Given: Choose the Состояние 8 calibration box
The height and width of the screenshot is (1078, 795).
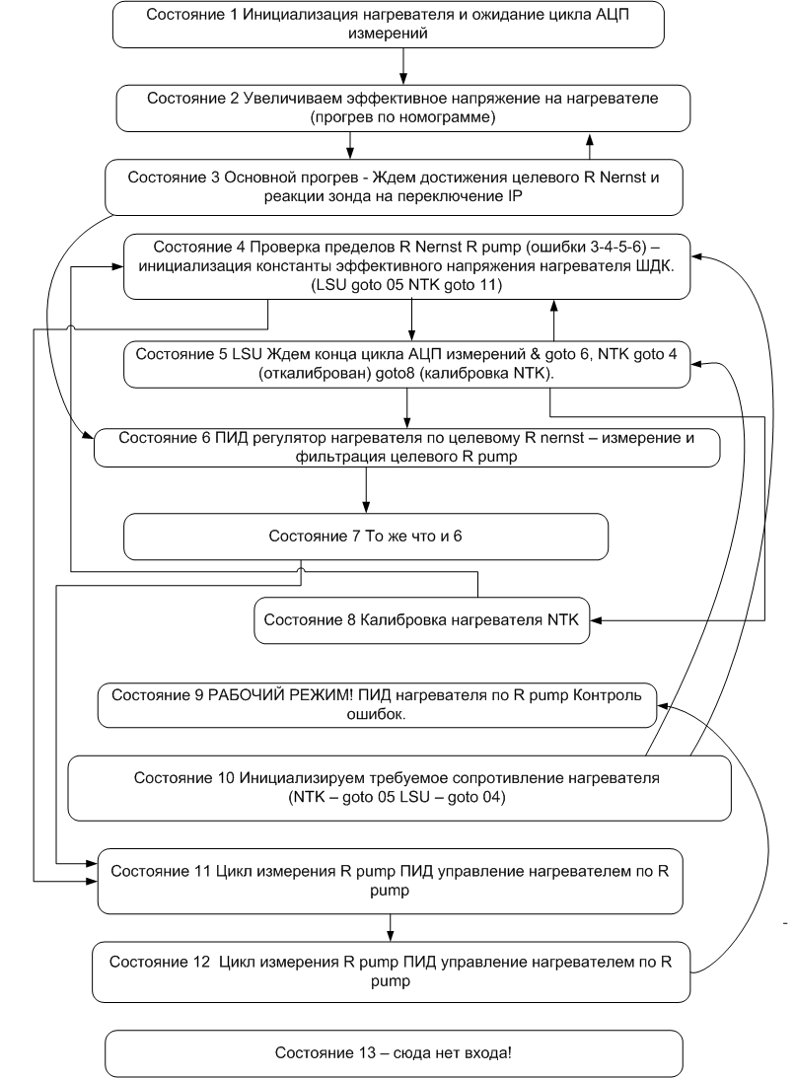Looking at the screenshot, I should click(421, 619).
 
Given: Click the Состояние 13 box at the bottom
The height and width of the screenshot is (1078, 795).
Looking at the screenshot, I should click(394, 1053).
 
